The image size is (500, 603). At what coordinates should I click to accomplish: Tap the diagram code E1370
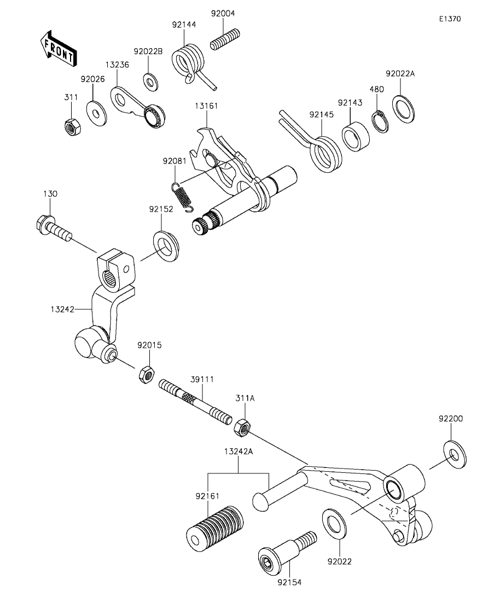tap(450, 19)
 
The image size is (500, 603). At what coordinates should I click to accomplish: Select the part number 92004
tap(223, 14)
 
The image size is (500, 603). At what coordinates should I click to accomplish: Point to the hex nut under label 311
tap(70, 127)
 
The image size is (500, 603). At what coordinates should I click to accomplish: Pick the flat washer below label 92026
tap(97, 113)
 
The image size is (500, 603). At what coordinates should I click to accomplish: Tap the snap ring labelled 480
tap(380, 121)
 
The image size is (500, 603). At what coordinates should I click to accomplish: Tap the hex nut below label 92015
tap(146, 375)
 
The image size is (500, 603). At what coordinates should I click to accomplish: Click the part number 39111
tap(202, 379)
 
